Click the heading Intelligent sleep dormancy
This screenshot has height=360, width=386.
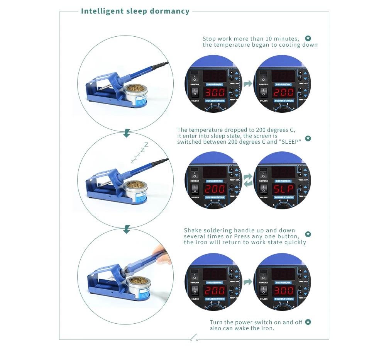135,11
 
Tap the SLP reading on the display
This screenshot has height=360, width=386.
283,189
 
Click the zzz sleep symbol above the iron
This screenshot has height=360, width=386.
140,152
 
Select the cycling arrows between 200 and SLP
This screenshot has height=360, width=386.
248,180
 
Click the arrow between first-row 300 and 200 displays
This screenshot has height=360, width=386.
248,83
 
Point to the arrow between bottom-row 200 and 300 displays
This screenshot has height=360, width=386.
248,282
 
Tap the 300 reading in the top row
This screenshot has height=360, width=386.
215,93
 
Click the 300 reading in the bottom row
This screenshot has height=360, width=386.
283,290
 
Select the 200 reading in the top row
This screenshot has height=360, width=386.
283,93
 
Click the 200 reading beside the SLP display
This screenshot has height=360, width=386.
215,189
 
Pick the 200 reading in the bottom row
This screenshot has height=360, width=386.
215,290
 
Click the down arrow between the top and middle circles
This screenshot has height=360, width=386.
126,134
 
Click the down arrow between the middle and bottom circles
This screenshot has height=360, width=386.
126,230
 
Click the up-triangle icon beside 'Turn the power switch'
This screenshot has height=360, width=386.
308,322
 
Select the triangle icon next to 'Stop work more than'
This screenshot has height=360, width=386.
308,39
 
